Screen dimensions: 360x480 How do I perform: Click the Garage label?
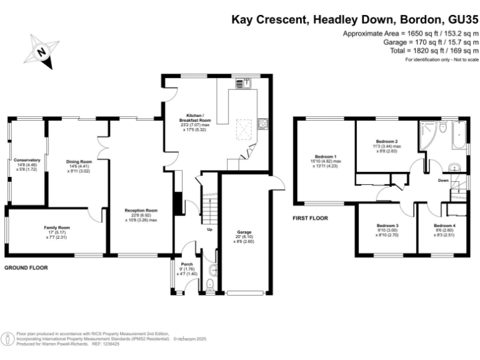(x=244, y=235)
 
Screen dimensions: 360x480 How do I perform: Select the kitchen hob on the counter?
(x=263, y=123)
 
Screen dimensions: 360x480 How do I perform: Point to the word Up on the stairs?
(x=209, y=229)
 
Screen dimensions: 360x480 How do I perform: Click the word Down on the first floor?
(x=444, y=180)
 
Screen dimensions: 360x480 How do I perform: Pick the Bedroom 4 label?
(x=444, y=229)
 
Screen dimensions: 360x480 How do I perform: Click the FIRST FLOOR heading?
(x=311, y=219)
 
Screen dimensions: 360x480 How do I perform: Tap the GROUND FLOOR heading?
(x=26, y=267)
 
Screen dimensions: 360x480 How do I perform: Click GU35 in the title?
(x=458, y=19)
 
